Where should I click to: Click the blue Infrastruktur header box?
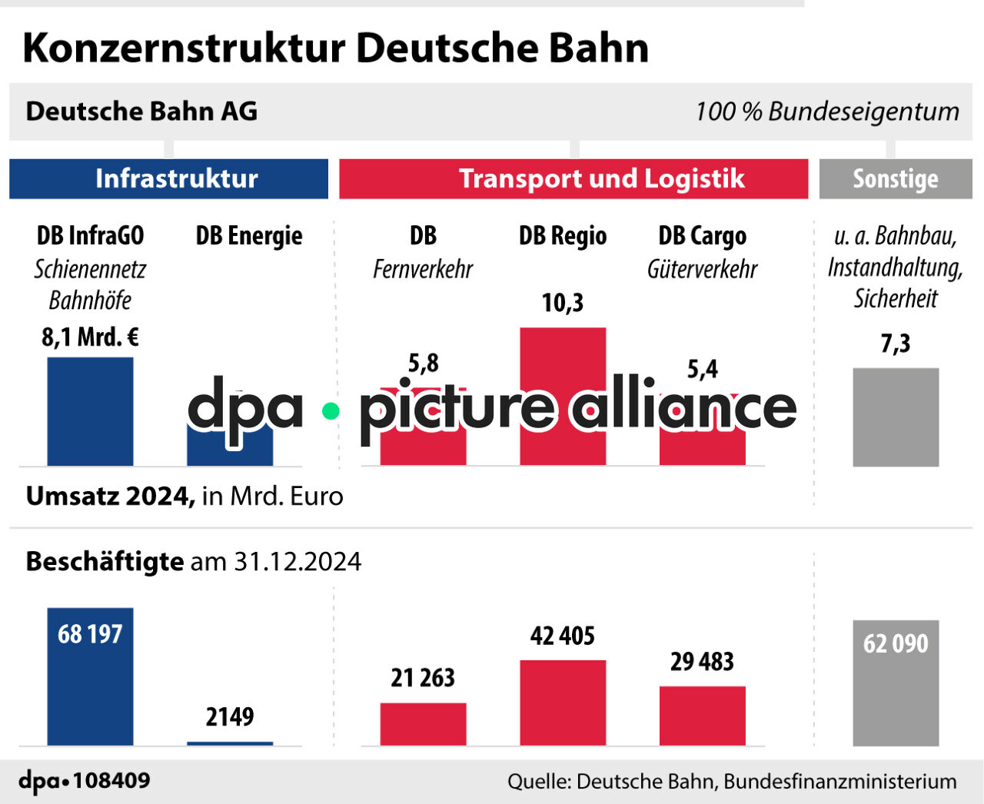pos(168,178)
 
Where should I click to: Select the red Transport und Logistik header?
pos(573,178)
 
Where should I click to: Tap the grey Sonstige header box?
pos(896,178)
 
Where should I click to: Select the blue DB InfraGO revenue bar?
pos(90,411)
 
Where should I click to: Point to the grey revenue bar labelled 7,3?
pos(896,417)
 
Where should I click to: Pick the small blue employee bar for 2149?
pos(230,743)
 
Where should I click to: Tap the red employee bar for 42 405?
pos(563,703)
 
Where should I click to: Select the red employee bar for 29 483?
pos(703,716)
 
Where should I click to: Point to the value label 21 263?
pos(423,678)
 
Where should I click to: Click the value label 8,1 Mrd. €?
pos(90,337)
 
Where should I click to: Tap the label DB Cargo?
pos(703,236)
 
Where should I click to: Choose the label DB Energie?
pos(249,236)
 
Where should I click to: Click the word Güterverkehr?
pos(703,270)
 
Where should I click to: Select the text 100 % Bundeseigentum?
pos(827,111)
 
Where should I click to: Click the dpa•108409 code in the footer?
pos(85,781)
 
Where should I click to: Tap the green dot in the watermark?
pos(331,411)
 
